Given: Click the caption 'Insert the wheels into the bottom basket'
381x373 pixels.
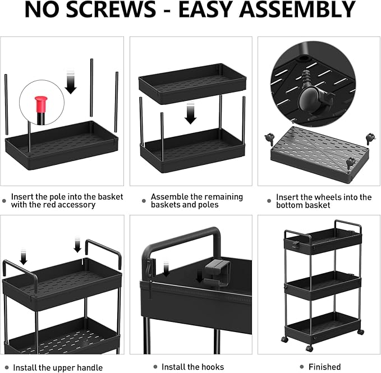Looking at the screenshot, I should click(x=323, y=201).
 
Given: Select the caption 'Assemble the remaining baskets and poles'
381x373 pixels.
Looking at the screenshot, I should click(x=196, y=201).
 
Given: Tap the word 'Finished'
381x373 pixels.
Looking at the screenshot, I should click(x=324, y=367).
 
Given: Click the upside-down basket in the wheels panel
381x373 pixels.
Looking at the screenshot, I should click(x=319, y=149).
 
